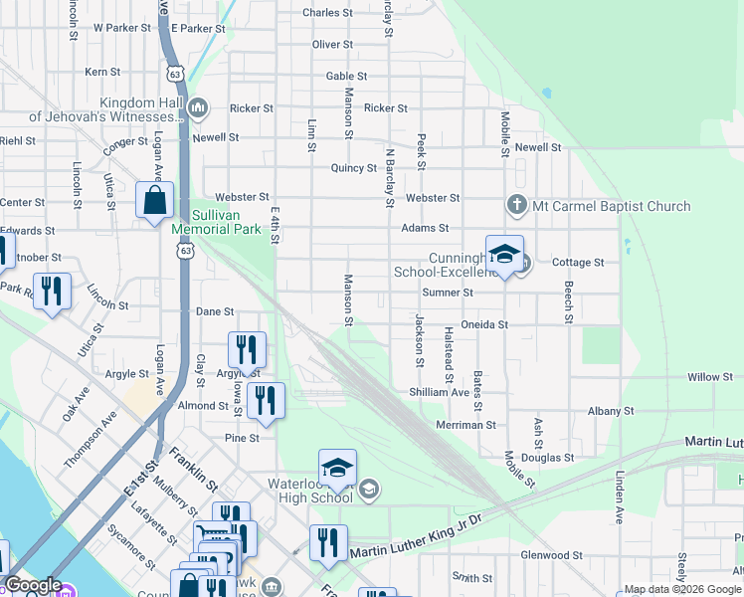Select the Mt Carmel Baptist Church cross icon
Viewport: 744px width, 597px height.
(x=516, y=206)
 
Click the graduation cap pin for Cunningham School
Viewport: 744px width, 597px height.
(x=504, y=254)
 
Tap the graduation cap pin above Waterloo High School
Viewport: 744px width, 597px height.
(x=337, y=468)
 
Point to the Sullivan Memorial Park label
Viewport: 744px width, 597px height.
(x=212, y=221)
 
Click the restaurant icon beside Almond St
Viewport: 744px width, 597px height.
(x=265, y=401)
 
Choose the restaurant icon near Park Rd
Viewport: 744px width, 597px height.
(x=52, y=292)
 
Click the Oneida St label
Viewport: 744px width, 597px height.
(x=485, y=324)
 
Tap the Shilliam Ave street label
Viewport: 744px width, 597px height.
(x=439, y=392)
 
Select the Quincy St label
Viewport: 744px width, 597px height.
(x=353, y=168)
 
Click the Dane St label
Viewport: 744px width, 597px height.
(x=215, y=311)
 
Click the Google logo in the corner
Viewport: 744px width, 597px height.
(x=33, y=585)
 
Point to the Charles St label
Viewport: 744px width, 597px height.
(x=327, y=13)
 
